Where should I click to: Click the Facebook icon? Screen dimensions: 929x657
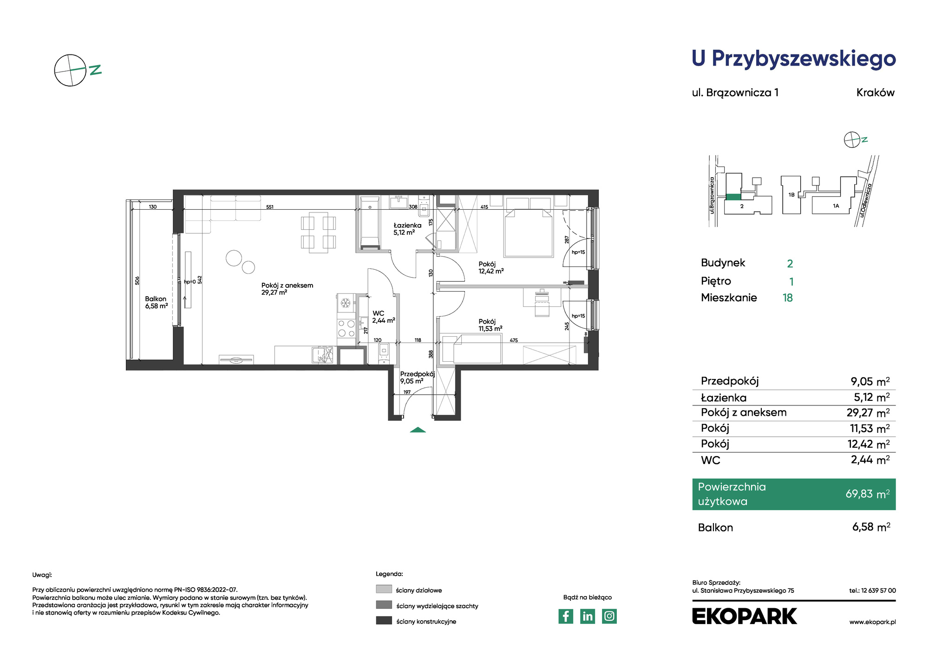[566, 616]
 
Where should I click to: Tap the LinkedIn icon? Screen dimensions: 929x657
[588, 616]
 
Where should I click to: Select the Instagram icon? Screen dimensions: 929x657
[609, 616]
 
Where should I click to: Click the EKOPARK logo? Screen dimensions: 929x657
[744, 616]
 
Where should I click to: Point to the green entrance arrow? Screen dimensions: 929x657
[418, 430]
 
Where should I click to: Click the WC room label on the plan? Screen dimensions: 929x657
[383, 317]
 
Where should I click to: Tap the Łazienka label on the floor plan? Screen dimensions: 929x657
[407, 229]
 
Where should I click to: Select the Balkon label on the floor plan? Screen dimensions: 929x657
[156, 302]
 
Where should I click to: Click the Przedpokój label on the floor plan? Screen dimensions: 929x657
[417, 377]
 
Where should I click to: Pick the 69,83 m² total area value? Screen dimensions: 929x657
[868, 494]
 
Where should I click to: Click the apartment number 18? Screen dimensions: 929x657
[788, 298]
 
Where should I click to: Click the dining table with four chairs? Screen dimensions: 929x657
[318, 232]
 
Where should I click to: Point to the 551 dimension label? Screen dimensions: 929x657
[270, 207]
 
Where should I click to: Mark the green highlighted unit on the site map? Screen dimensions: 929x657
[733, 197]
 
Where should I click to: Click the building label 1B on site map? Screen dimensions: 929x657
[792, 195]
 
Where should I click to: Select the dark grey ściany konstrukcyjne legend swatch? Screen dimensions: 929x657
[384, 620]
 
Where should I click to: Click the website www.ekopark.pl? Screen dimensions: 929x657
[872, 622]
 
